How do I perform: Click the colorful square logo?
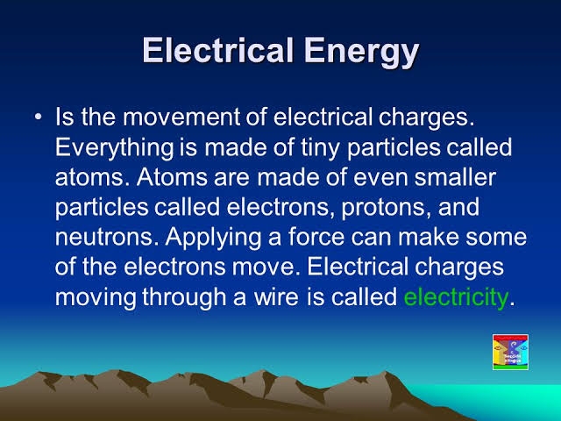pyautogui.click(x=511, y=353)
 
